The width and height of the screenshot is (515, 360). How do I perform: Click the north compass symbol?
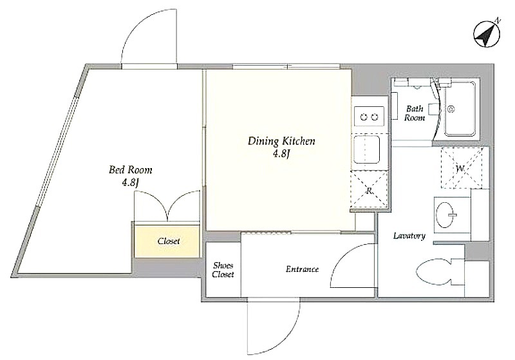tap(487, 34)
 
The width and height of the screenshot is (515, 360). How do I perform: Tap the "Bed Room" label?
tap(131, 170)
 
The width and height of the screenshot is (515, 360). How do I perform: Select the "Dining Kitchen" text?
tap(281, 141)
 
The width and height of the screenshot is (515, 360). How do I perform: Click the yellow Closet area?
tap(167, 241)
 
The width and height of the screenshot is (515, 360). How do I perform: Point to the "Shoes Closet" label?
tap(223, 270)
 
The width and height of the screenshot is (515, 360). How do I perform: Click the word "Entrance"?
tap(302, 269)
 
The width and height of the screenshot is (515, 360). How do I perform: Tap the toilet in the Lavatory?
tap(437, 272)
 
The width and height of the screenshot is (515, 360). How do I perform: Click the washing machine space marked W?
tap(461, 168)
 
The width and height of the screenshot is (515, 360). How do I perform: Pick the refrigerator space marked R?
tap(370, 191)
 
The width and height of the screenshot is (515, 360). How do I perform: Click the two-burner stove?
tap(369, 117)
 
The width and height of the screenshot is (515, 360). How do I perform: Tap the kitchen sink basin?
tap(367, 149)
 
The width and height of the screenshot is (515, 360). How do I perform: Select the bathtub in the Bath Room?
tap(460, 108)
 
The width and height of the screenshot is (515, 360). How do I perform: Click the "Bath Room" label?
tap(415, 113)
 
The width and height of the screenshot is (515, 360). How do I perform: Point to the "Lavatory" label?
tap(409, 236)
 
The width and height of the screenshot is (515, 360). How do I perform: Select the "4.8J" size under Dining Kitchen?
tap(281, 154)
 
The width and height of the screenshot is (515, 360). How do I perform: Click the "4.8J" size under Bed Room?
tap(131, 183)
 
